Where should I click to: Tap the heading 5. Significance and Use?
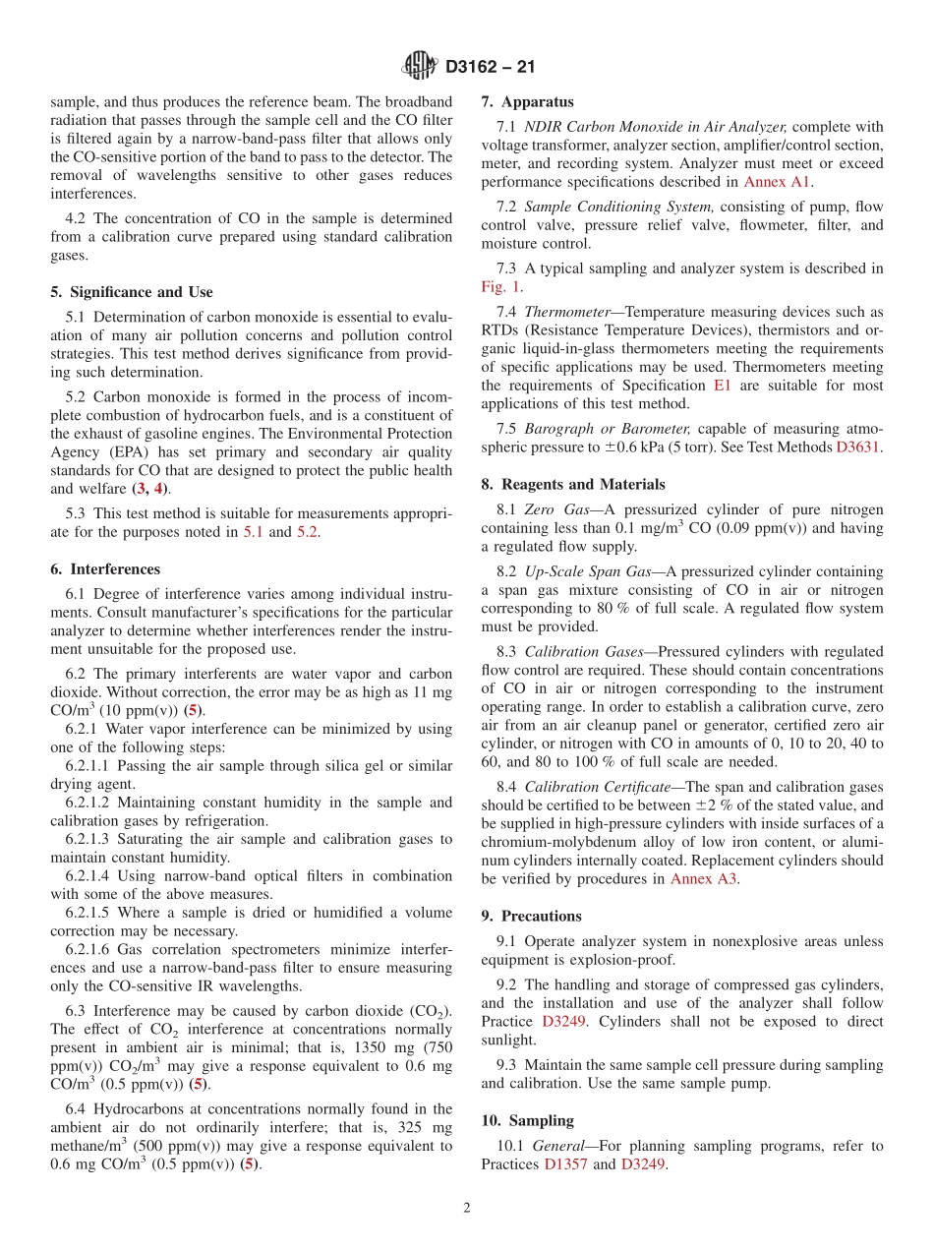131,292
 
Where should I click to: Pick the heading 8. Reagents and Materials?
573,484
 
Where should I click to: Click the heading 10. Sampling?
527,1120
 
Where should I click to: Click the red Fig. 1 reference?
501,287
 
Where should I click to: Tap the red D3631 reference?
859,447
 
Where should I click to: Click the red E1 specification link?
749,386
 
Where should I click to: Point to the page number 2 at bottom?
467,1208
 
